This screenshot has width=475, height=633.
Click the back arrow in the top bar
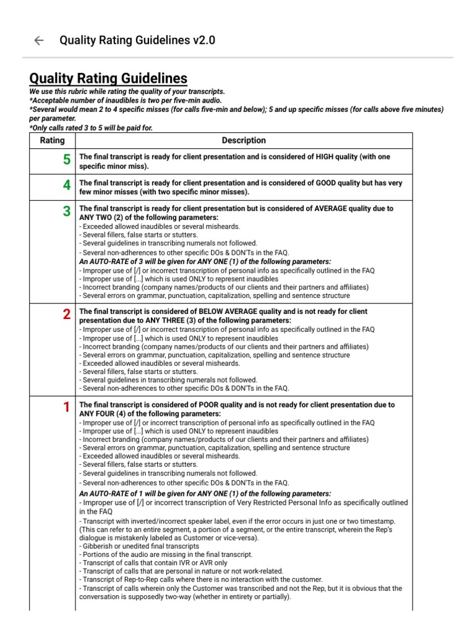(x=38, y=41)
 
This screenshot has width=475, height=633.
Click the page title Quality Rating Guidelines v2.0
(x=137, y=41)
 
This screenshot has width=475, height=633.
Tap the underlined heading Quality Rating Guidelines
(x=108, y=79)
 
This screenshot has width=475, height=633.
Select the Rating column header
(x=52, y=140)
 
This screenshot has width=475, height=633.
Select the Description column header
(x=244, y=140)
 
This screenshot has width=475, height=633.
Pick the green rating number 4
(x=66, y=186)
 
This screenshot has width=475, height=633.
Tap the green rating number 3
(x=66, y=212)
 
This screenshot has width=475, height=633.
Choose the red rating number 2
(x=66, y=314)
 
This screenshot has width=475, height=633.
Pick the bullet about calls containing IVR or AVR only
(x=153, y=563)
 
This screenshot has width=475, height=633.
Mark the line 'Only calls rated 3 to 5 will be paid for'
(x=91, y=127)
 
